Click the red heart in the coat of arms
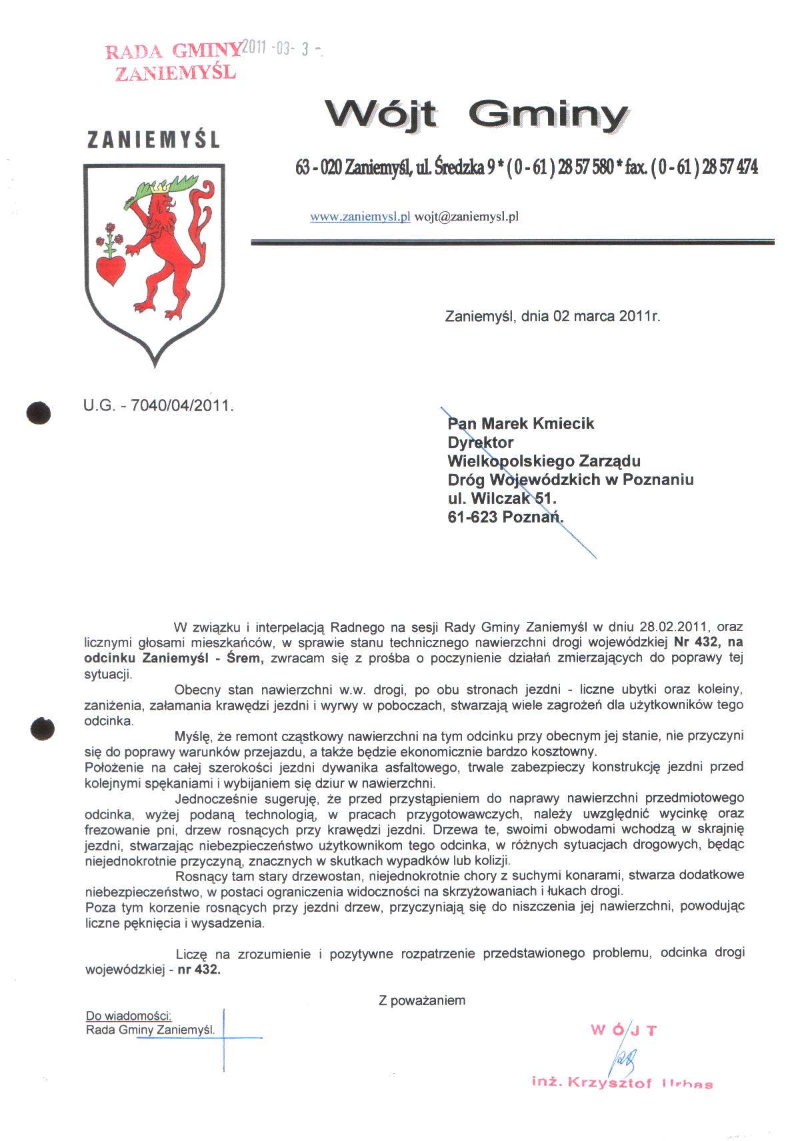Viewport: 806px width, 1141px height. click(111, 269)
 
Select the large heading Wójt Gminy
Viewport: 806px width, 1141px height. click(476, 115)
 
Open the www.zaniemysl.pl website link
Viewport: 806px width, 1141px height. click(360, 217)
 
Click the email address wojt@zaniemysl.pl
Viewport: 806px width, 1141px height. click(467, 217)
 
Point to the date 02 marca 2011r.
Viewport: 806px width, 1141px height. click(606, 316)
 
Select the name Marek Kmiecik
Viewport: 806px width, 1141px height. click(537, 424)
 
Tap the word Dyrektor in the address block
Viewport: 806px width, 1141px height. click(481, 443)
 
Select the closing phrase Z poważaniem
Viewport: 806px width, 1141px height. click(422, 1000)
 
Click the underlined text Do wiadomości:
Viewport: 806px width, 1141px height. click(129, 1016)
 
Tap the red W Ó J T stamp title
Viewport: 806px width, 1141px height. click(623, 1030)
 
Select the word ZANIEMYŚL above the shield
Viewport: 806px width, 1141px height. click(153, 140)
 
